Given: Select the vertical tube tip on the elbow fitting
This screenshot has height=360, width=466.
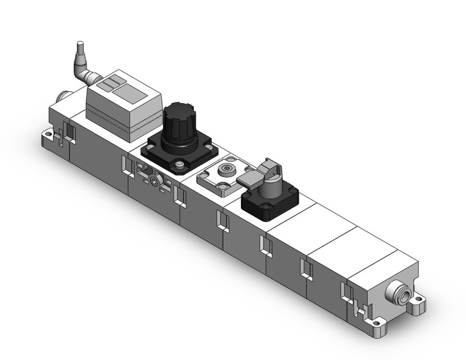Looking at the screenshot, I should point(78,48).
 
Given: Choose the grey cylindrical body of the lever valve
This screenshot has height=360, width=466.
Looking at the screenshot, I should point(270,186).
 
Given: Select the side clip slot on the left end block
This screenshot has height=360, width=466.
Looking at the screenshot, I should point(67,134).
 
